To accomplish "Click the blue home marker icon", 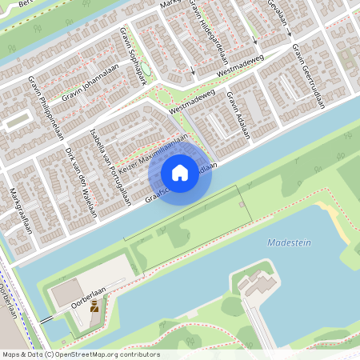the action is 180,173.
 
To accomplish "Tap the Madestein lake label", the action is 289,242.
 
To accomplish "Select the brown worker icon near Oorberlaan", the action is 94,306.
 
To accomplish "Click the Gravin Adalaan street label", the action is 238,115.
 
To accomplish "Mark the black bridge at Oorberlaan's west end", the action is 47,318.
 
